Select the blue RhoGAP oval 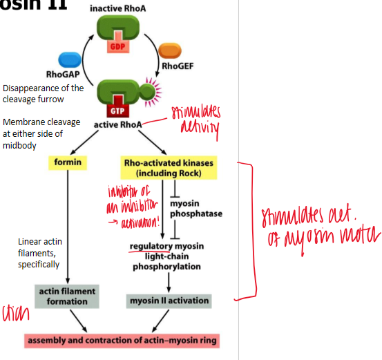[x=71, y=59]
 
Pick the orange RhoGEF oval [x=170, y=51]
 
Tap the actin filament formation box [x=67, y=296]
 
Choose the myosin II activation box [x=169, y=301]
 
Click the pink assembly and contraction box [x=122, y=340]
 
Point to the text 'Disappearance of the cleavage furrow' [x=44, y=93]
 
